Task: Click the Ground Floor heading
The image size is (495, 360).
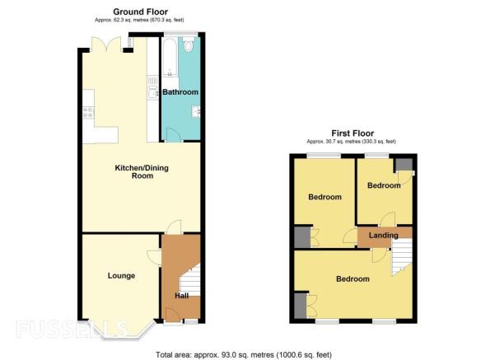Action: pos(140,12)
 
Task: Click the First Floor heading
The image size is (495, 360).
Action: pos(353,133)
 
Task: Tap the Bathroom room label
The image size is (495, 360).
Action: pos(180,92)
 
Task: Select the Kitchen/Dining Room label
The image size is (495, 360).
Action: pos(142,172)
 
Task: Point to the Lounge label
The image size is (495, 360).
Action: pos(121,276)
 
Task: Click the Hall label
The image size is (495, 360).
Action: pos(182,296)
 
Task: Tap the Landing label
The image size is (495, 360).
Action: pos(384,236)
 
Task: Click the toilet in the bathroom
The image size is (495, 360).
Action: pos(189,44)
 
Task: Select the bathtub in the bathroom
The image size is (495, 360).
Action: pos(170,58)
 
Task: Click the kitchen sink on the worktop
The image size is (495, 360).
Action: pos(153,92)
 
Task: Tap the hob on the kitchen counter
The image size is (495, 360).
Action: pos(88,113)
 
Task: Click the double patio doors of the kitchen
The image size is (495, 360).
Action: pos(106,44)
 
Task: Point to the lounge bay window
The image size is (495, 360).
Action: pos(122,331)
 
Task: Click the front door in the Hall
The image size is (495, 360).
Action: pos(172,314)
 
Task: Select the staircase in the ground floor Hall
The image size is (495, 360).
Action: pos(190,280)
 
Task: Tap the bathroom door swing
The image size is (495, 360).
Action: pos(173,134)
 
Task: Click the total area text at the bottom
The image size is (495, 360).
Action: pos(244,355)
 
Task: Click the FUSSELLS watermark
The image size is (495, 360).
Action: pos(72,329)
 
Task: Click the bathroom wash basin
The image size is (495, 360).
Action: pos(196,111)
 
